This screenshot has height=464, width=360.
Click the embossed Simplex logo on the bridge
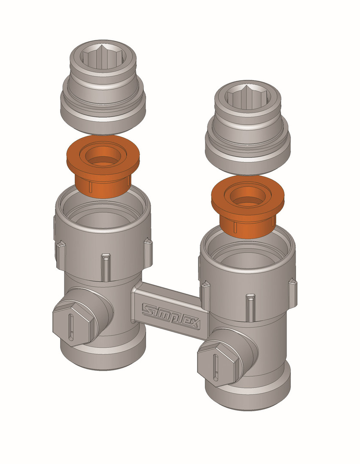coord(171,316)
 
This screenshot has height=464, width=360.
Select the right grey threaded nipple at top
coord(248,127)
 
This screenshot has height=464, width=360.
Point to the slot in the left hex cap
coord(71,327)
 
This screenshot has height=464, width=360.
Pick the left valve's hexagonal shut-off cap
coord(74,326)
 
